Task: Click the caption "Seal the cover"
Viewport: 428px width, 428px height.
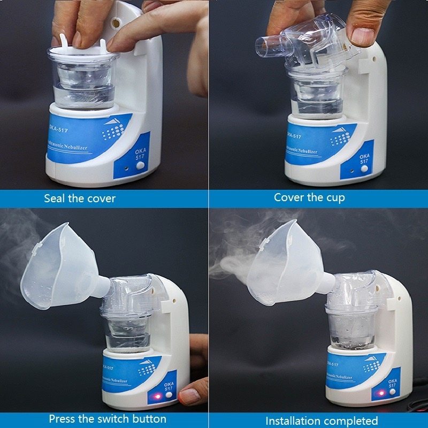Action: click(x=80, y=198)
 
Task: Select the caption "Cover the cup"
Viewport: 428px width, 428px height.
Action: click(x=309, y=197)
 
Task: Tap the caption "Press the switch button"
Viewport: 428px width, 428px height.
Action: click(x=108, y=418)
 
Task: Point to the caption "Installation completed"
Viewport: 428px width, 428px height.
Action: click(x=322, y=421)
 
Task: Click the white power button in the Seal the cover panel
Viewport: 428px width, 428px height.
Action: click(x=140, y=167)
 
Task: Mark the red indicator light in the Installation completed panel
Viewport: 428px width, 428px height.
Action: click(x=380, y=394)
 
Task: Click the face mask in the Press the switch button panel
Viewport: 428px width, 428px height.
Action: click(x=59, y=267)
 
